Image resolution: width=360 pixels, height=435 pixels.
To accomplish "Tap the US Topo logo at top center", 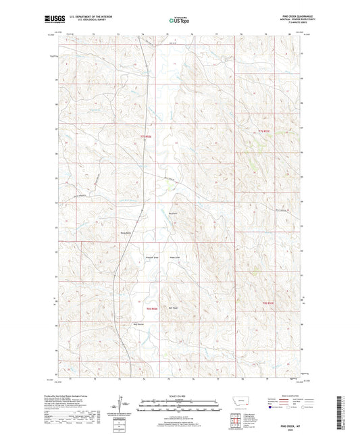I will (179, 20).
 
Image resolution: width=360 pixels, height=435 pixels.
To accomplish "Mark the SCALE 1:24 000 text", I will (180, 394).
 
